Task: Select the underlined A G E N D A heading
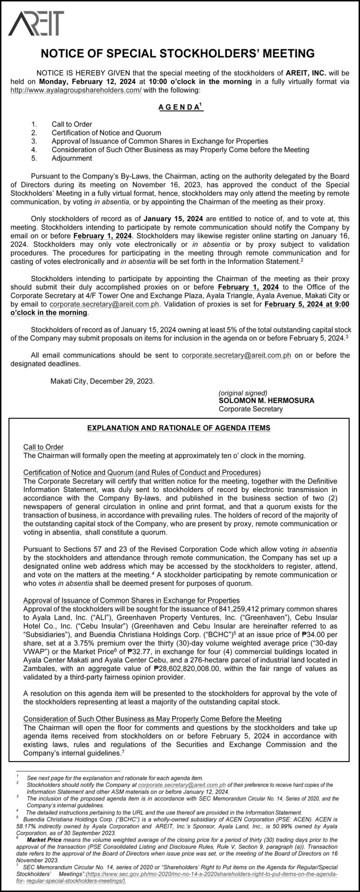pyautogui.click(x=179, y=107)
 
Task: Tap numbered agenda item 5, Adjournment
pyautogui.click(x=72, y=158)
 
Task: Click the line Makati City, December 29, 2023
pyautogui.click(x=102, y=381)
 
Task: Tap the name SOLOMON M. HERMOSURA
pyautogui.click(x=266, y=401)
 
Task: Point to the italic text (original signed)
pyautogui.click(x=243, y=393)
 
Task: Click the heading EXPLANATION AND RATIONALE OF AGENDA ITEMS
pyautogui.click(x=179, y=428)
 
